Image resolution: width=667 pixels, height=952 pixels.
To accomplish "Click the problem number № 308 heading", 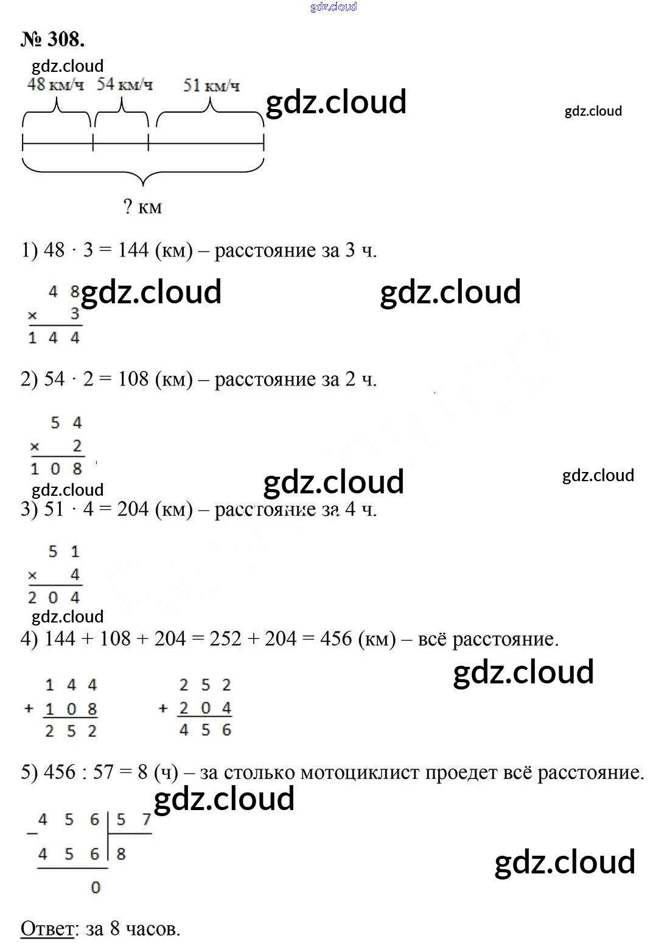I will [52, 39].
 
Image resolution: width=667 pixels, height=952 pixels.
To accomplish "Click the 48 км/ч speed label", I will [55, 85].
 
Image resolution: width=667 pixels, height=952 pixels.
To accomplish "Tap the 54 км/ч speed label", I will [124, 85].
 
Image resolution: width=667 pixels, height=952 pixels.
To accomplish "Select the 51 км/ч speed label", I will [211, 85].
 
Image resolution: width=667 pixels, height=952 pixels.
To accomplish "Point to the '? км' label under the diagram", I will [142, 207].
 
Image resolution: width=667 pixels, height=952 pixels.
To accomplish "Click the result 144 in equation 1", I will [133, 250].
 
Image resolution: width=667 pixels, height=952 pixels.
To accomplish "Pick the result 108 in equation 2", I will [133, 379].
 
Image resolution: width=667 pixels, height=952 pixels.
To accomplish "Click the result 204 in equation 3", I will [133, 509].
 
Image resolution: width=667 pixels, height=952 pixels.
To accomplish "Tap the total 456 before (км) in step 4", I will [336, 638].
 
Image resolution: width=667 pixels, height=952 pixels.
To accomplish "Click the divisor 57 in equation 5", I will [103, 772].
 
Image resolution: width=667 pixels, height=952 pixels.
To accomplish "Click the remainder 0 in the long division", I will [96, 887].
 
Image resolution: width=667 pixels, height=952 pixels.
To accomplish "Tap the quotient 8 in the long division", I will [121, 854].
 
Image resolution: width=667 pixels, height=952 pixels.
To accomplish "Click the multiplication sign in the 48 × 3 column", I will [33, 316].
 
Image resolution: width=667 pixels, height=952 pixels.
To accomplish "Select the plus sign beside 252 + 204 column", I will [162, 708].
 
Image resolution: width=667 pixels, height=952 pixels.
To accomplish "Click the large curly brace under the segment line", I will [143, 174].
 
